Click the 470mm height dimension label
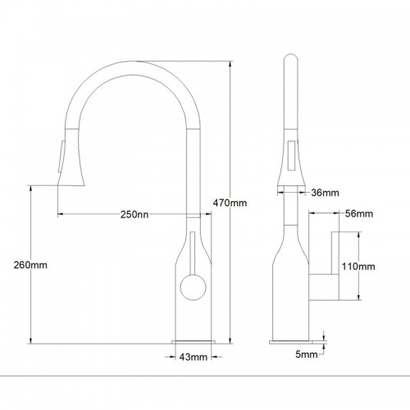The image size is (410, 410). (x=230, y=203)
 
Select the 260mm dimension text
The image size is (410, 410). (x=30, y=265)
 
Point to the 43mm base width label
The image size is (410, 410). (x=194, y=357)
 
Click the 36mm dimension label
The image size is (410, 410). (x=325, y=193)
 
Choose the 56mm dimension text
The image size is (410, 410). (x=359, y=213)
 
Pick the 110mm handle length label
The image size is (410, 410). (x=358, y=266)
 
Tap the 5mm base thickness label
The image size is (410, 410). (x=307, y=354)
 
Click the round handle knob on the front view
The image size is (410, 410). (x=193, y=287)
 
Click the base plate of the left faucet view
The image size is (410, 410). (x=194, y=342)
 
